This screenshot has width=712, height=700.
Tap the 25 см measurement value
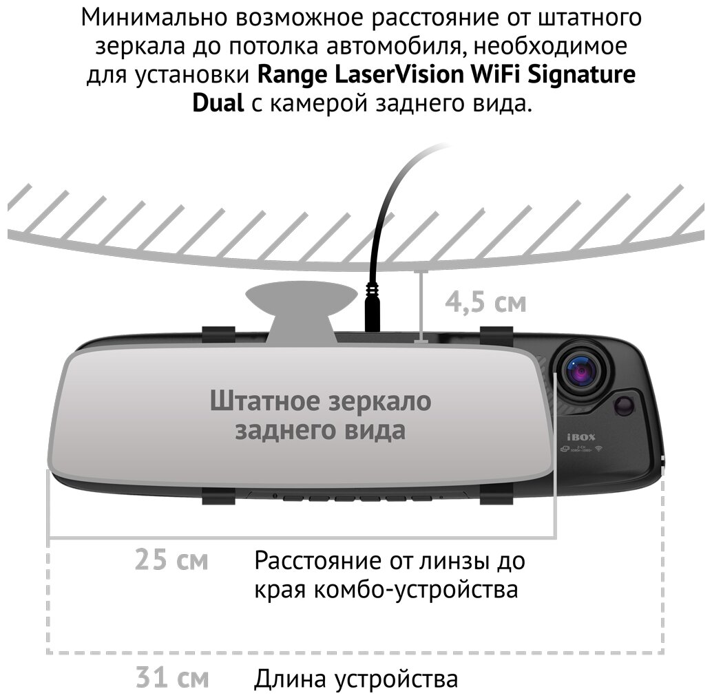[171, 560]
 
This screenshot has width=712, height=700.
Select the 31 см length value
[171, 678]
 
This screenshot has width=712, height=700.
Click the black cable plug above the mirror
[373, 310]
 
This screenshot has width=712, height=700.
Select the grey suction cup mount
[302, 310]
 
